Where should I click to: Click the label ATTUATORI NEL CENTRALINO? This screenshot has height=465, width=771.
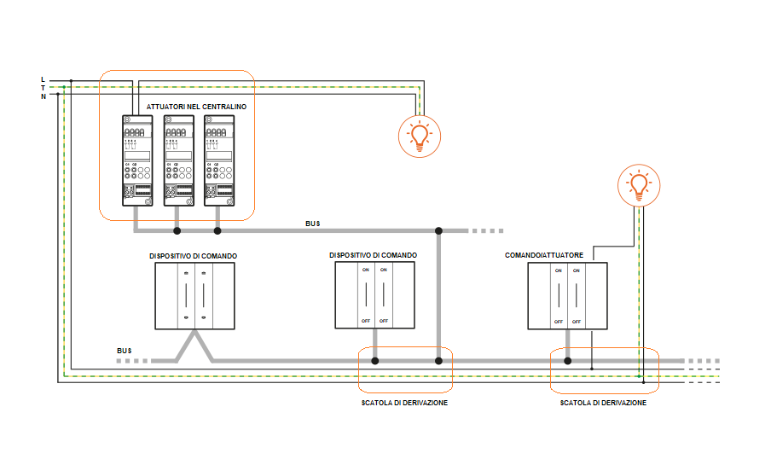pos(196,107)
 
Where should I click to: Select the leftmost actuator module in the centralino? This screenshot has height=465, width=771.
pos(136,160)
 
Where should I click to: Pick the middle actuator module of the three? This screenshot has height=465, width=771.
pos(177,160)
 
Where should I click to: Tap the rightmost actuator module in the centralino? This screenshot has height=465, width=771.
pos(218,160)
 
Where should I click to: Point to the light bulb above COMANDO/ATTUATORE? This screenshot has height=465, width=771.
pos(638,185)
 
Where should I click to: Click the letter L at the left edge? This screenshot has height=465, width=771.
pos(43,79)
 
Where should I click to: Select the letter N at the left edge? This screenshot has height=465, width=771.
pos(43,96)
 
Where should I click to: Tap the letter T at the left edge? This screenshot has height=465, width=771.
pos(43,88)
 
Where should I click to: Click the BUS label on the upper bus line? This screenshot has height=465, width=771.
pos(313,224)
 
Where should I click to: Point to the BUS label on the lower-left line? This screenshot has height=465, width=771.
pos(125,351)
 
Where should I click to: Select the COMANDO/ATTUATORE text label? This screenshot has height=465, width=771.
pos(544,255)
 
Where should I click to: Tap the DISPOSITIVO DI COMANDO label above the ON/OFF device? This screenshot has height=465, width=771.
pos(374,255)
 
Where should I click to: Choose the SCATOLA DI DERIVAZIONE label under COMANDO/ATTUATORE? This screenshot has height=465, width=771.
pos(603,403)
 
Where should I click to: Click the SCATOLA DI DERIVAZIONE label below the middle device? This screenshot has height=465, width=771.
pos(404,403)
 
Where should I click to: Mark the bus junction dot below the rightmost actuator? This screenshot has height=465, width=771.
pos(217,230)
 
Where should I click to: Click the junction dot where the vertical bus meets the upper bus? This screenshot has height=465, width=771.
pos(438,230)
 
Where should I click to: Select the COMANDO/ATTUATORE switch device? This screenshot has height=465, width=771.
pos(567,295)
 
